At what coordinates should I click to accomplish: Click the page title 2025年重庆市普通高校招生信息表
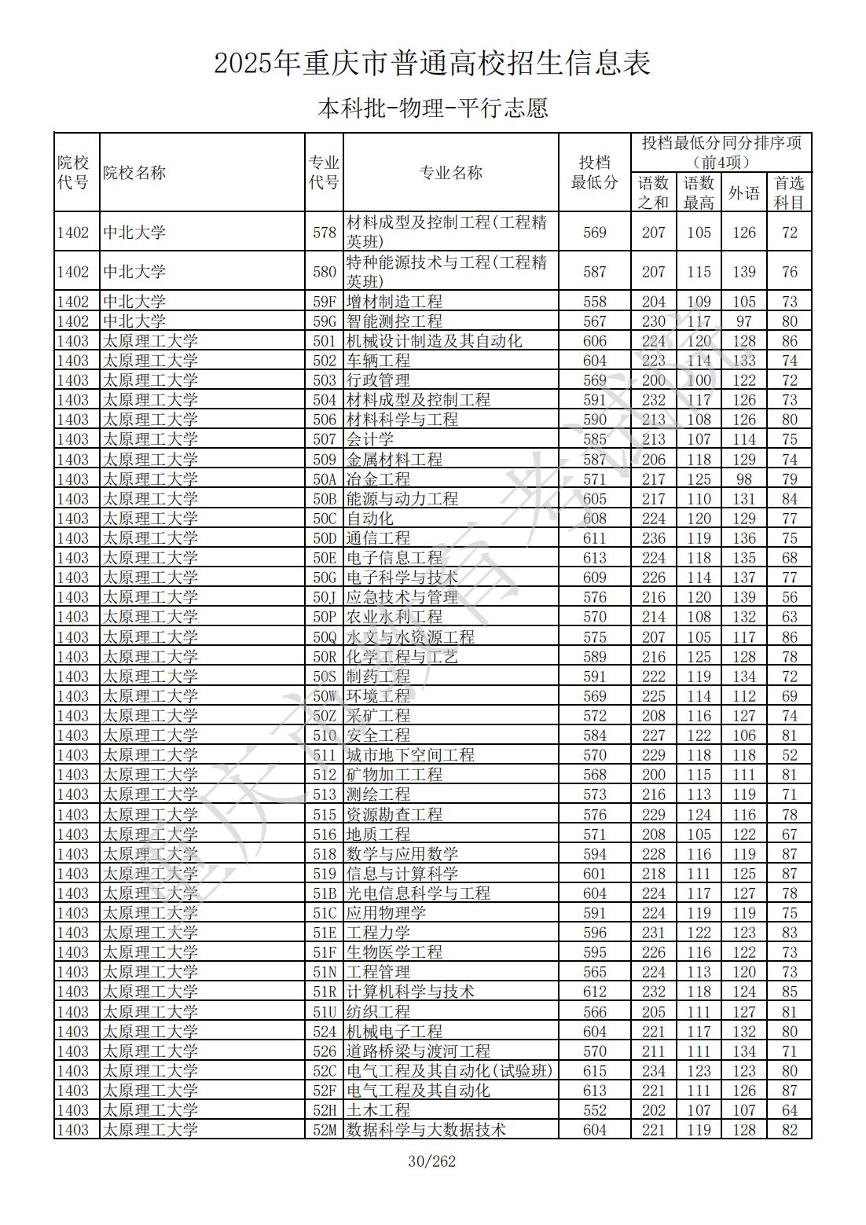point(432,64)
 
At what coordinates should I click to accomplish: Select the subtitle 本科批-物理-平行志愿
point(432,108)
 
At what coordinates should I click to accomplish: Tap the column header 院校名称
point(134,173)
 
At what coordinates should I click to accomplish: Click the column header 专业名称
point(450,173)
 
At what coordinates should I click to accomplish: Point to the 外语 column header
point(743,193)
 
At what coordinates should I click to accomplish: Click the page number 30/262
point(432,1161)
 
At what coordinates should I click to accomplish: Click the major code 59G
point(324,321)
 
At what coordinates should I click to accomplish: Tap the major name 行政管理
point(378,380)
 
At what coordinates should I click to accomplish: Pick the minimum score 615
point(595,1071)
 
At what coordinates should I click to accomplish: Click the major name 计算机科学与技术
point(410,992)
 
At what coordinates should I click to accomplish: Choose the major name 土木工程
point(378,1110)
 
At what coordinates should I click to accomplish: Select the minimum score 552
point(595,1110)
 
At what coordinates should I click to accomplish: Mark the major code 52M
point(324,1130)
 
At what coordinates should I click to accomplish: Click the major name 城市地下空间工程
point(410,755)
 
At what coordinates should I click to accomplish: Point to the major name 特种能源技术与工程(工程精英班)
point(446,271)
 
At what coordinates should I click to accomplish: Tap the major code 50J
point(324,597)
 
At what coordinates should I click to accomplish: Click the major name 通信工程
point(378,538)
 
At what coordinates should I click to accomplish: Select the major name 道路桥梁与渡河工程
point(418,1051)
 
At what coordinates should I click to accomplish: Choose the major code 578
point(324,233)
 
